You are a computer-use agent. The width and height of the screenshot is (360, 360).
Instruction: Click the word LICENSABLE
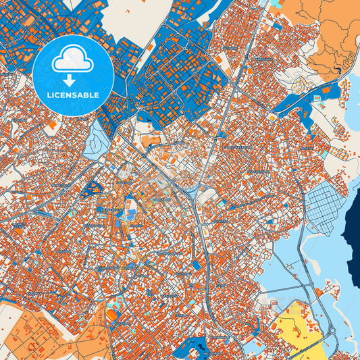point(73,95)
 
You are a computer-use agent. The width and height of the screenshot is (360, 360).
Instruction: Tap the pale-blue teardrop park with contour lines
point(94,138)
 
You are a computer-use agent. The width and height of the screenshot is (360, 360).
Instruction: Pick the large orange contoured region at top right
point(324,27)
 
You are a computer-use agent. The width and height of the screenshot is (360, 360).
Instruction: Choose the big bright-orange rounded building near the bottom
point(111,315)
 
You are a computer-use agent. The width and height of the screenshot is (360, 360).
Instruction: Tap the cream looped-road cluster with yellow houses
point(301,84)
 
